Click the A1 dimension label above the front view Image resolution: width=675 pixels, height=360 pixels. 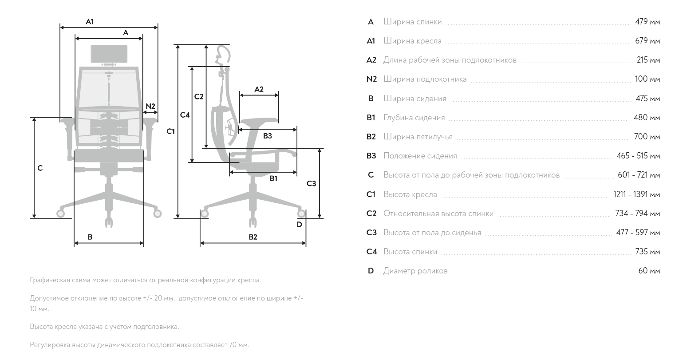point(90,22)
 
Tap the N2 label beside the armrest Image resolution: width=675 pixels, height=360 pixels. point(150,106)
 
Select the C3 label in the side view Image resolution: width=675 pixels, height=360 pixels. point(311,183)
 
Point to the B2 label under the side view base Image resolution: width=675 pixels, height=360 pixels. point(253,237)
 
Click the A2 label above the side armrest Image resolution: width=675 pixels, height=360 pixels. point(259,89)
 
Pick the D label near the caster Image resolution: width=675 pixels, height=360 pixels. point(299,224)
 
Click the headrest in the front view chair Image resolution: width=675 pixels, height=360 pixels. point(109,54)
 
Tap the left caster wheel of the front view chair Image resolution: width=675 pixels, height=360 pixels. point(60,214)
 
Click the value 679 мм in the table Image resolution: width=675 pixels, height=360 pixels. point(647,41)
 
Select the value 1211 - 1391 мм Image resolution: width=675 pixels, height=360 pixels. point(636,194)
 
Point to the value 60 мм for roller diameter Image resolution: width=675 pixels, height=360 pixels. point(649,271)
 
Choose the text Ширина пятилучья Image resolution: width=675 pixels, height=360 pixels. point(418,137)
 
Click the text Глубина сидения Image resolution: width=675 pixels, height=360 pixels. point(414,118)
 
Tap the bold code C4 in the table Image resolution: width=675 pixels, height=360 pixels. point(371,252)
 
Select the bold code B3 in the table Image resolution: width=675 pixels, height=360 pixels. point(371,156)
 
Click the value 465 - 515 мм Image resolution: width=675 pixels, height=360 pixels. point(638,156)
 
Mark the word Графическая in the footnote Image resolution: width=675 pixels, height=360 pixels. point(50,280)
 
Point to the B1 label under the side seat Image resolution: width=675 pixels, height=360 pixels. point(273,178)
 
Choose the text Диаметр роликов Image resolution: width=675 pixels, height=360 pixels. point(415,271)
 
